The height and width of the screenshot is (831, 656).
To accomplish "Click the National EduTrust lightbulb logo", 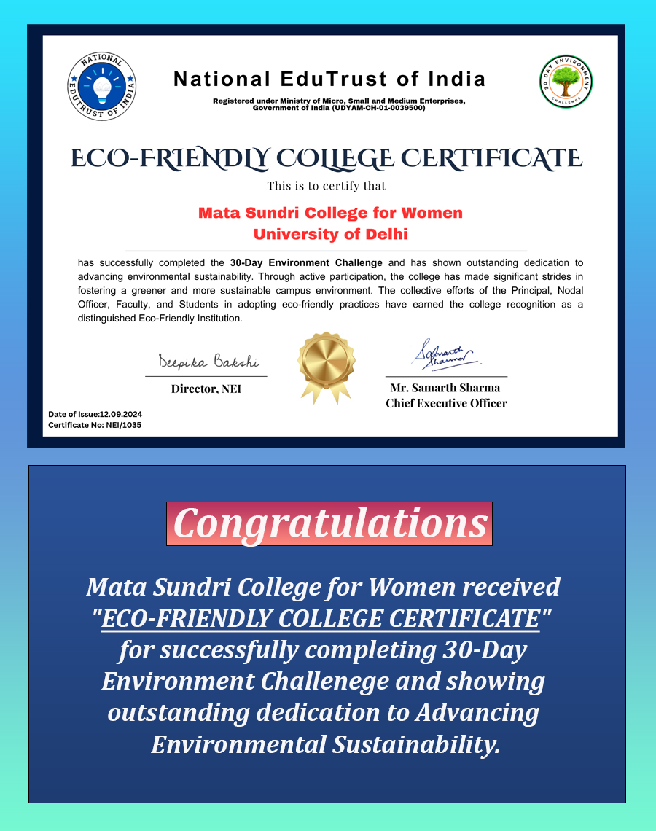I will coord(102,86).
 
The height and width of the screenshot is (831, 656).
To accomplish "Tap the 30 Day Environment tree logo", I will coord(566,82).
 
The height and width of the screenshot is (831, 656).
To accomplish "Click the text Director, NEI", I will coord(206,389).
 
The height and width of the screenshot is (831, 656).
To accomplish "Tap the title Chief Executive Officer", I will coord(446,403).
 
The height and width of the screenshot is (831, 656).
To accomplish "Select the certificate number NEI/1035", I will coord(120,424).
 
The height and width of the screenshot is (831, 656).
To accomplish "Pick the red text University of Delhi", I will coord(330,235).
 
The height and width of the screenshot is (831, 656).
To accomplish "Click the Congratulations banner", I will coord(329,523).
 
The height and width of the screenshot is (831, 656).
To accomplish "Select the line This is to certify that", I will coord(326,186).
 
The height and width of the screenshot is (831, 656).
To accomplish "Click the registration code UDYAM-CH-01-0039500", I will coord(379,108).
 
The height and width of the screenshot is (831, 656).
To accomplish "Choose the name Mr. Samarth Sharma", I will coord(445,389).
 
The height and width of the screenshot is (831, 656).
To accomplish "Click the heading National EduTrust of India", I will coord(329,79).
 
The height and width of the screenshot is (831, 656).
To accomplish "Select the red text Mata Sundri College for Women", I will coord(330,213).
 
